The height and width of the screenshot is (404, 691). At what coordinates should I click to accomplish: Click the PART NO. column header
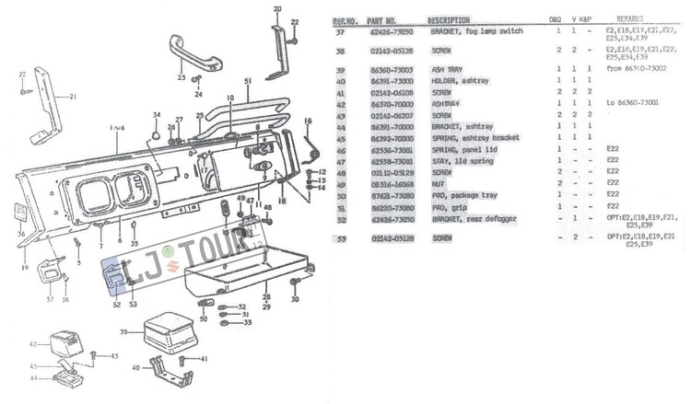click(x=381, y=19)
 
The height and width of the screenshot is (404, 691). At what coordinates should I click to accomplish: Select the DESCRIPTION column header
click(x=450, y=19)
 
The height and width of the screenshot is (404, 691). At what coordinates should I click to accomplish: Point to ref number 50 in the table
click(x=341, y=194)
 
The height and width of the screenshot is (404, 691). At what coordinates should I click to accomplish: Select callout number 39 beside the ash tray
click(x=123, y=331)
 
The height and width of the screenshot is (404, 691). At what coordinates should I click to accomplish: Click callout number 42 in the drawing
click(x=33, y=344)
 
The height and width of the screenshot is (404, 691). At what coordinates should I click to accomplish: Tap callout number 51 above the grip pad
click(x=248, y=81)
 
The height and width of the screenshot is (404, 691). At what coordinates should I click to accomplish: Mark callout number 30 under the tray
click(x=295, y=299)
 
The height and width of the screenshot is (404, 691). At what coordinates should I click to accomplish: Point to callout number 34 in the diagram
click(x=157, y=115)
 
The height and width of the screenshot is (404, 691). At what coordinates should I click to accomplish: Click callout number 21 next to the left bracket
click(x=74, y=96)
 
